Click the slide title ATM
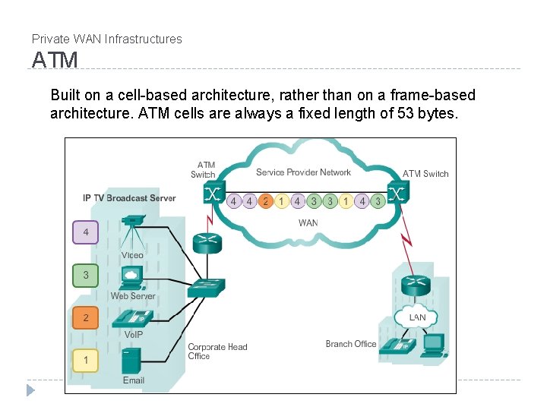point(55,60)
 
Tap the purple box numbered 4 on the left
point(85,232)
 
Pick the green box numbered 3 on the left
point(85,275)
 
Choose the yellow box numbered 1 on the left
point(85,360)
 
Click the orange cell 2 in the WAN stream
point(265,201)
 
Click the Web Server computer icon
point(133,276)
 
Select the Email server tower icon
point(133,360)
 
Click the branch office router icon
point(416,285)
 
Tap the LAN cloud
point(417,317)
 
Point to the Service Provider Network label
point(303,172)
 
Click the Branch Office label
point(350,344)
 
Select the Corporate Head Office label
point(217,352)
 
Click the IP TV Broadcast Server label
point(129,198)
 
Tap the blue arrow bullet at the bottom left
point(30,390)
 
